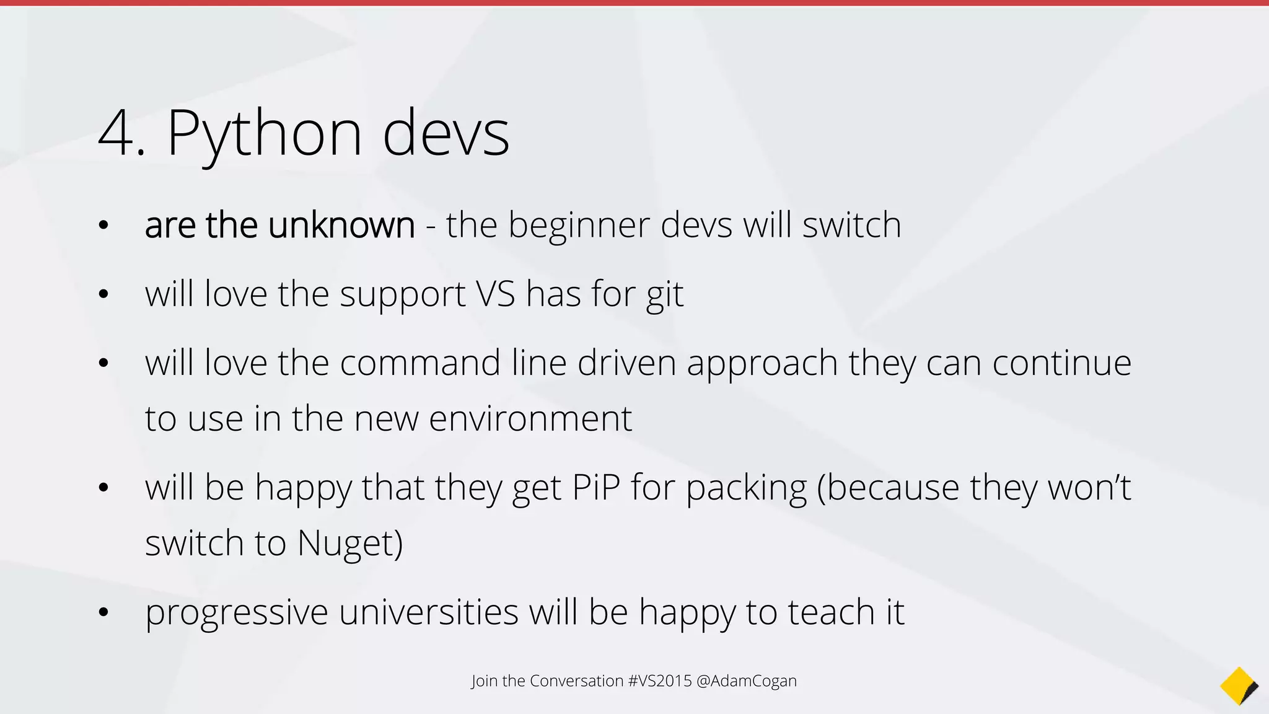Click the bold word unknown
pos(341,225)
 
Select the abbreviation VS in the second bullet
pos(496,294)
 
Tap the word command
pos(420,363)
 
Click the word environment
pos(530,419)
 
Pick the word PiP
pos(596,487)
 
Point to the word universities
pos(428,612)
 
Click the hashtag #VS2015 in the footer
pos(660,681)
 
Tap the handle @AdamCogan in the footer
pos(747,681)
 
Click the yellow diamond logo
pos(1239,686)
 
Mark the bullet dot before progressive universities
pos(103,613)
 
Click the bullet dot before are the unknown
pos(103,226)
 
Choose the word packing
pos(746,488)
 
